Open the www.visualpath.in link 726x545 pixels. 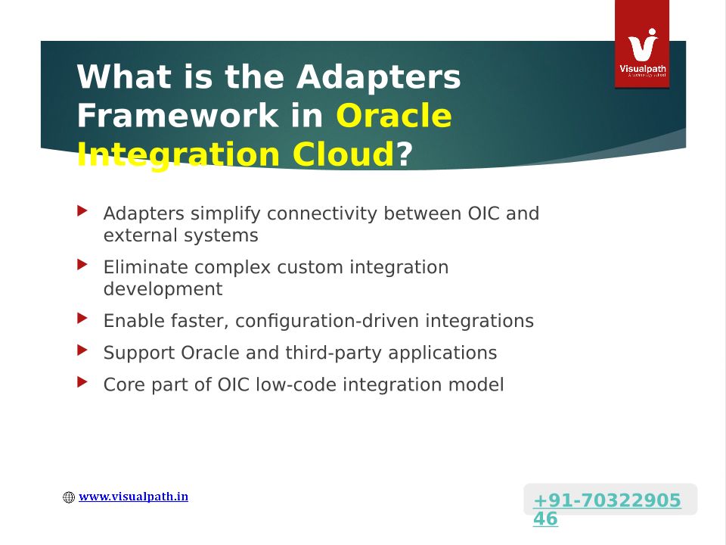point(133,497)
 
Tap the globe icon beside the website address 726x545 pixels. point(69,497)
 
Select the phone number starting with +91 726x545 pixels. point(607,509)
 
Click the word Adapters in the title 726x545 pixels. point(378,77)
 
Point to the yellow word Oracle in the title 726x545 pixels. point(393,115)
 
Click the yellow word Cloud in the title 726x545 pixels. point(343,154)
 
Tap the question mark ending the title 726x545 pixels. point(404,154)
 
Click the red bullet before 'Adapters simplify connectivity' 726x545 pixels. point(82,211)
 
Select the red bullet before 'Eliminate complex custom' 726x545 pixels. point(82,265)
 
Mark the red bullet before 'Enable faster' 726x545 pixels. point(82,319)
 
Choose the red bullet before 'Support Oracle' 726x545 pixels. point(82,350)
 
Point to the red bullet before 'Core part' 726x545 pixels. point(82,382)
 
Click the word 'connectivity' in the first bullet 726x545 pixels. point(322,213)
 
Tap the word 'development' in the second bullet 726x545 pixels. point(163,289)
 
